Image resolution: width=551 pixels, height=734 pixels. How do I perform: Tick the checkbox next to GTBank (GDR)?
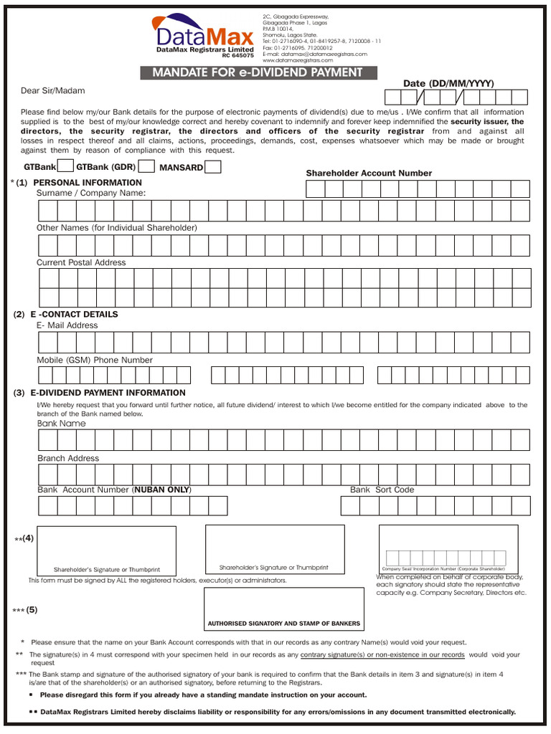(x=146, y=167)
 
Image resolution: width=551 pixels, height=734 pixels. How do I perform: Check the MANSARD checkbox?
(x=213, y=167)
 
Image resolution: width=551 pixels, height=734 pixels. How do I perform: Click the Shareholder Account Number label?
(x=369, y=173)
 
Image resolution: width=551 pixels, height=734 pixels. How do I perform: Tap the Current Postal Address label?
(x=81, y=262)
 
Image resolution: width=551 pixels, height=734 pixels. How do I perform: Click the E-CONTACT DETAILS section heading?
(x=74, y=314)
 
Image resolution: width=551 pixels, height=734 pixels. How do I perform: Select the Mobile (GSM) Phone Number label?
(x=95, y=360)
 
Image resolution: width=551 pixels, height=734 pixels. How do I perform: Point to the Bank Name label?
(x=61, y=424)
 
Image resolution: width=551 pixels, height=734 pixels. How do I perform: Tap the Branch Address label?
(x=68, y=458)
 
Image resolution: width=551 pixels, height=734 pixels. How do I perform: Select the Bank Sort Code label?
(x=382, y=490)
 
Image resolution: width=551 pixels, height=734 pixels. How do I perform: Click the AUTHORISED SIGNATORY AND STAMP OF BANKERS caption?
(x=284, y=624)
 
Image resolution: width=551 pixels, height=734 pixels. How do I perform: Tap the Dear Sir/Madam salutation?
(x=53, y=90)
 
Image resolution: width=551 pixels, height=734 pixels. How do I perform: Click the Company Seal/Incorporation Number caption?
(x=443, y=568)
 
